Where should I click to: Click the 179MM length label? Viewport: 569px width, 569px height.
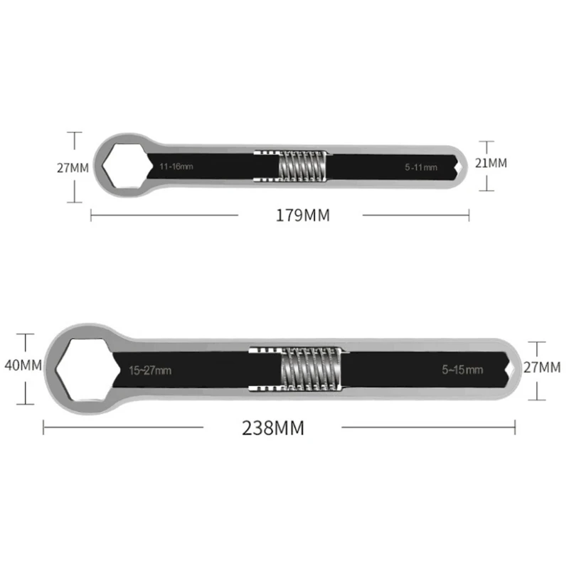[x=303, y=215]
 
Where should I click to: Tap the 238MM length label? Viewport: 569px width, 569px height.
[x=272, y=427]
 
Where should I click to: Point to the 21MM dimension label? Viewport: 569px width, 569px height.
[x=492, y=163]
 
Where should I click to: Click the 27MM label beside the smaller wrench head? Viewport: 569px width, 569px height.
[x=73, y=169]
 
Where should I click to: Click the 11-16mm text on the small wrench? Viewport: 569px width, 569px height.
[x=176, y=166]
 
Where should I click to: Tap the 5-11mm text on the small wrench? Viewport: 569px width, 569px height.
[x=421, y=168]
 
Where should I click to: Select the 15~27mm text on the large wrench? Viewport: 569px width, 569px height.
[x=150, y=370]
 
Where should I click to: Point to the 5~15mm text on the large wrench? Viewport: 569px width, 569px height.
[x=462, y=370]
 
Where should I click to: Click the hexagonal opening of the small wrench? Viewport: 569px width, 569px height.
[x=124, y=164]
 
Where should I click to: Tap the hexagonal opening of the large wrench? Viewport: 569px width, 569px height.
[x=81, y=368]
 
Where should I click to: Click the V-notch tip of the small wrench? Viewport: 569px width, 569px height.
[x=461, y=165]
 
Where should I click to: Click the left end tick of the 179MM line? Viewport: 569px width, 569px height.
[x=91, y=215]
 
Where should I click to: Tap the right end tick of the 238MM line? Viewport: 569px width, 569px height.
[x=515, y=427]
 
